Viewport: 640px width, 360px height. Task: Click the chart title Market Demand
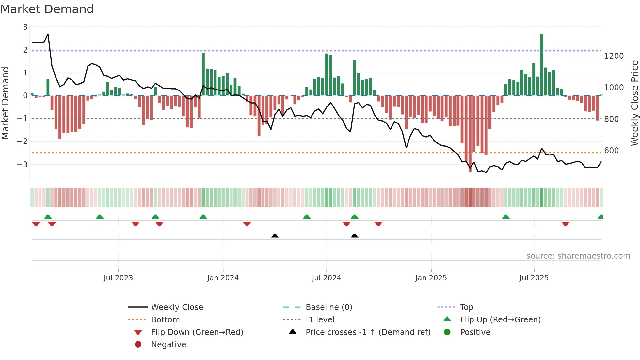[x=47, y=9]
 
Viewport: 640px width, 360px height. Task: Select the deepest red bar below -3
[x=470, y=134]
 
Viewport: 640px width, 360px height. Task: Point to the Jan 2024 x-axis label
[x=223, y=278]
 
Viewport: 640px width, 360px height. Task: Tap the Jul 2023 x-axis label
[x=118, y=278]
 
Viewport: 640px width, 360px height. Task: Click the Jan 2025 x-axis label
[x=431, y=278]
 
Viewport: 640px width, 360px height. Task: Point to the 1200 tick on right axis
[x=614, y=56]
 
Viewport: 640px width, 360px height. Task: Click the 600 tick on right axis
[x=612, y=151]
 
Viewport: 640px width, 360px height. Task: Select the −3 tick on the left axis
[x=23, y=164]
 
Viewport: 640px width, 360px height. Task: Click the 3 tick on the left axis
[x=25, y=27]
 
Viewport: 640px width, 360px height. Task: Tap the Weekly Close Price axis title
[x=634, y=103]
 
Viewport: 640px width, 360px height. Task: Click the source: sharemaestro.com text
[x=578, y=256]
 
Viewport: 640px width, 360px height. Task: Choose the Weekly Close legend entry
[x=177, y=307]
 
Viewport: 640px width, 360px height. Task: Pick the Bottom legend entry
[x=165, y=320]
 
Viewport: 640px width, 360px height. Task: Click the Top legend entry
[x=467, y=307]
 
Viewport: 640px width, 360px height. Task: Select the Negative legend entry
[x=168, y=345]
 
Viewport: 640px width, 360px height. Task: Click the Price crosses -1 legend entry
[x=368, y=332]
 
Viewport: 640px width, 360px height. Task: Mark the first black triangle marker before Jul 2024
[x=275, y=236]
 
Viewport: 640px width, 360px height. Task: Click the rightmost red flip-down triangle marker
[x=566, y=224]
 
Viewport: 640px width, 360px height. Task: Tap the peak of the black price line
[x=48, y=34]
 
